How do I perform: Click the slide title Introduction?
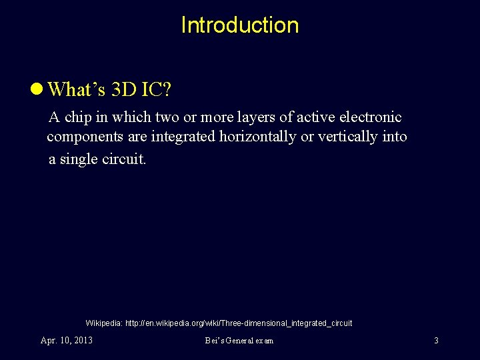pyautogui.click(x=239, y=25)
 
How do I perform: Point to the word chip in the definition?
pyautogui.click(x=80, y=117)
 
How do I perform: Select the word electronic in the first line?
pyautogui.click(x=371, y=117)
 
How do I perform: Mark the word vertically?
pyautogui.click(x=352, y=137)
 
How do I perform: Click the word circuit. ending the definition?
pyautogui.click(x=125, y=160)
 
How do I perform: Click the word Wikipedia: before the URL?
pyautogui.click(x=104, y=323)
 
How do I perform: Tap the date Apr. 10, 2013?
pyautogui.click(x=67, y=341)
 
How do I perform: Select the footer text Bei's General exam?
pyautogui.click(x=239, y=341)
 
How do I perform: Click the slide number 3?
pyautogui.click(x=436, y=341)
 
